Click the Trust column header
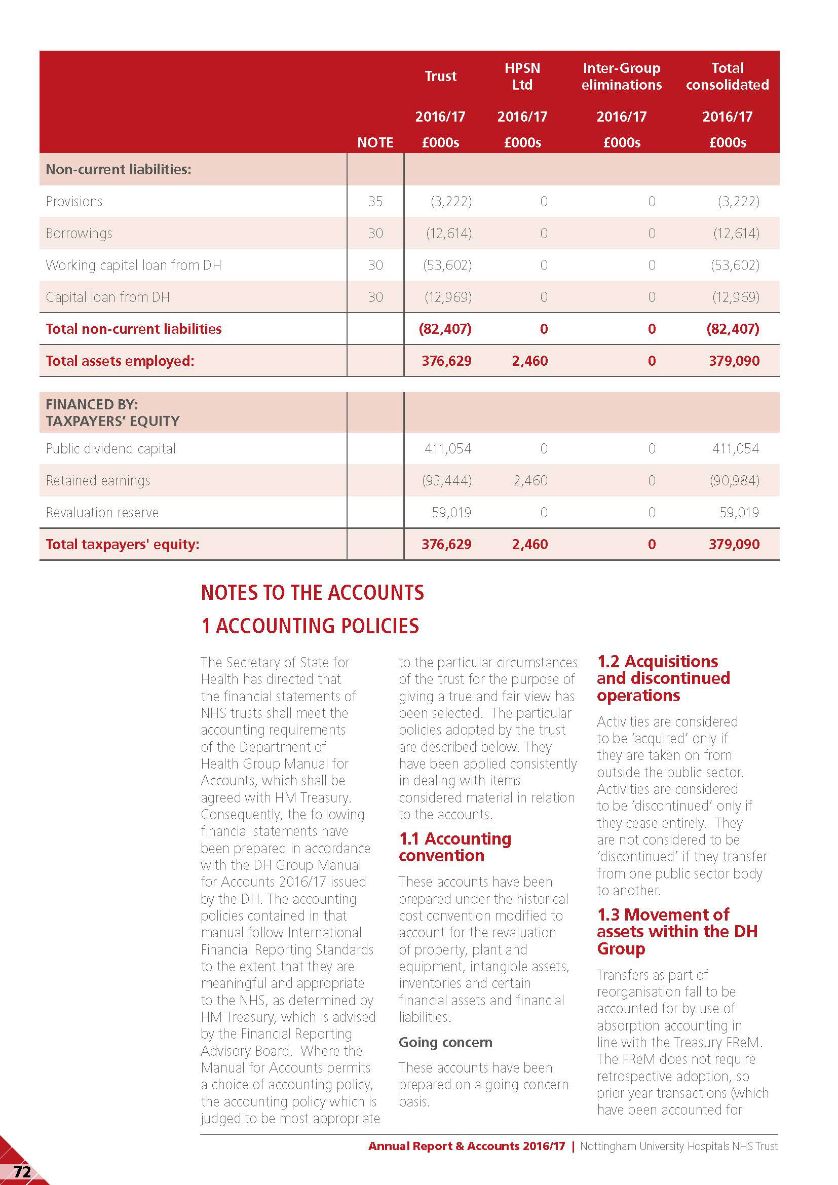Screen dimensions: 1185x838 coord(440,77)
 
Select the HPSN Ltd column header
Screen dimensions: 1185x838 coord(522,77)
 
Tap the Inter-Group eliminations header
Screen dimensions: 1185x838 coord(621,77)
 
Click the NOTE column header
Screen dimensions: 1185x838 coord(375,142)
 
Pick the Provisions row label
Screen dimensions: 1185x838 coord(74,201)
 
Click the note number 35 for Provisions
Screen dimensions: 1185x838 coord(375,201)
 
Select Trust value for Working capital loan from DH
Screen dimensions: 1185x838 coord(447,265)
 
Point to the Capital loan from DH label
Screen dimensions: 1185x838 coord(107,297)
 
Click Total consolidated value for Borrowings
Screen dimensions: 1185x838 coord(736,233)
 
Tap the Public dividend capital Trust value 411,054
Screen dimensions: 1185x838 coord(447,448)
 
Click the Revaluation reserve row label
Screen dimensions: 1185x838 coord(102,513)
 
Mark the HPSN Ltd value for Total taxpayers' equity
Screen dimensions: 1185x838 coord(529,544)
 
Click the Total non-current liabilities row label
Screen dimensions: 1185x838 coord(133,329)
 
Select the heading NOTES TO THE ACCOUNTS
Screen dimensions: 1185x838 coord(312,593)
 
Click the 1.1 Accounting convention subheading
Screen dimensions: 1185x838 coord(454,847)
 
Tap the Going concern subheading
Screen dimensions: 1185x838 coord(445,1042)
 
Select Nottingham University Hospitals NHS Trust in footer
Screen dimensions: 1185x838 coord(678,1146)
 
